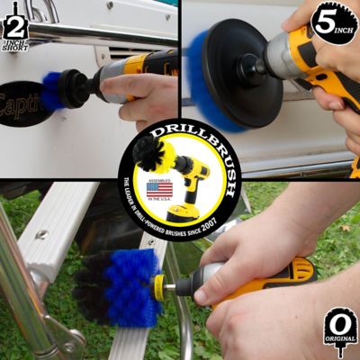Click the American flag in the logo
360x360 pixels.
[x=159, y=190]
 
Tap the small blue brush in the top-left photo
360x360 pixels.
[x=52, y=91]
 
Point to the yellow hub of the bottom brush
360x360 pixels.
[x=160, y=287]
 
